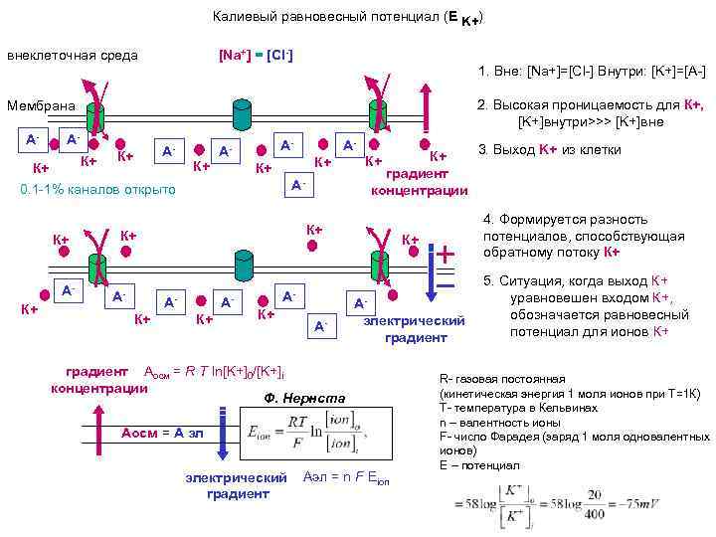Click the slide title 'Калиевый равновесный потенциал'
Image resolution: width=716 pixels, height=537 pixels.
pyautogui.click(x=328, y=17)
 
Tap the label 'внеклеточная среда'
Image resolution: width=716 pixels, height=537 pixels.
pyautogui.click(x=73, y=55)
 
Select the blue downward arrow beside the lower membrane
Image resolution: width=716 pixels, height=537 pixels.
pyautogui.click(x=429, y=273)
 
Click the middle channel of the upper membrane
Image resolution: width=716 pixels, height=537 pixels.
pyautogui.click(x=240, y=114)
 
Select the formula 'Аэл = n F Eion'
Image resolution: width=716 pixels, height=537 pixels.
pyautogui.click(x=346, y=477)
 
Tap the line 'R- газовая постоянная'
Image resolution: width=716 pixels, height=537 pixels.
pyautogui.click(x=501, y=380)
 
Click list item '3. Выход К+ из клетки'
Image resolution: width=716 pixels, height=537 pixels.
pyautogui.click(x=550, y=150)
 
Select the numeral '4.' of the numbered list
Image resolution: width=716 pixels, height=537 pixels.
pyautogui.click(x=488, y=219)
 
